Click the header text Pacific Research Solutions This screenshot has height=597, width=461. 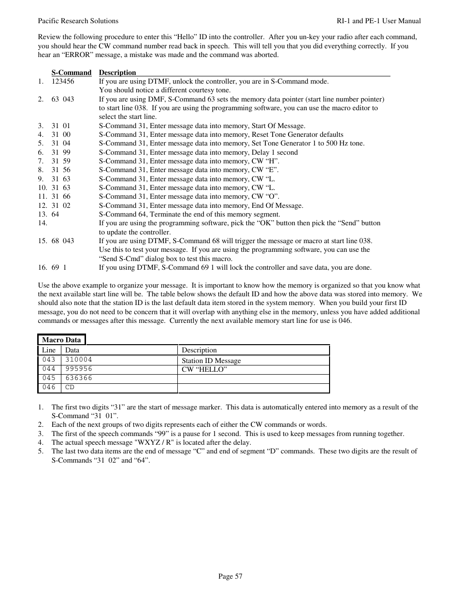coord(78,21)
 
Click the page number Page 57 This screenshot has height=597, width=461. coord(230,576)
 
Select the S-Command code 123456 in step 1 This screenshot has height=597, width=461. coord(63,81)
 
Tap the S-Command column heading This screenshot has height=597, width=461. coord(71,73)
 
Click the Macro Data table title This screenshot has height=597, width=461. coord(61,340)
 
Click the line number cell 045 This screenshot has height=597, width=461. coord(49,378)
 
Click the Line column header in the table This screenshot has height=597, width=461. coord(49,350)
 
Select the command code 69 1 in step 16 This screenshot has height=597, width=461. coord(59,267)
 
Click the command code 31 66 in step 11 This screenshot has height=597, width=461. coord(61,196)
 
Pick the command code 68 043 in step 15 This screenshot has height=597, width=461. coord(63,241)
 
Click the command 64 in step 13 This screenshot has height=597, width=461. coord(55,214)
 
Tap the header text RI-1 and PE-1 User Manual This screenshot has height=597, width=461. coord(378,21)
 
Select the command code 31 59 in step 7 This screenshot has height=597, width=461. coord(61,161)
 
